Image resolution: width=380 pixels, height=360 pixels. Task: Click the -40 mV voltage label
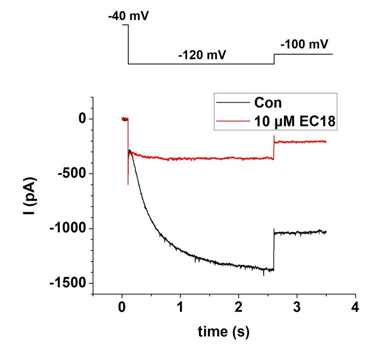pos(128,17)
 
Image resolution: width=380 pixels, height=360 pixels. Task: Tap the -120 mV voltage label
pos(202,55)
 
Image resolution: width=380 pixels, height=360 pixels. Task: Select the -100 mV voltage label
pos(304,45)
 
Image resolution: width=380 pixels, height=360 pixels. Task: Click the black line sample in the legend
pos(232,103)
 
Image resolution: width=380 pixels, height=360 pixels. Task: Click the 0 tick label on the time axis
pos(122,306)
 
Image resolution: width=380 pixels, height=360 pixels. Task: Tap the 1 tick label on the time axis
pos(180,306)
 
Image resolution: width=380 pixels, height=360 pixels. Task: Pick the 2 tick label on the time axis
pos(239,306)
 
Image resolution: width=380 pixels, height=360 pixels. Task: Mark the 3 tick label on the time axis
pos(297,306)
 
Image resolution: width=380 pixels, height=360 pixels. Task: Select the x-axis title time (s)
pos(223,331)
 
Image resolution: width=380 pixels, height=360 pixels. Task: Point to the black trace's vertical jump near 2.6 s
pos(274,250)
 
